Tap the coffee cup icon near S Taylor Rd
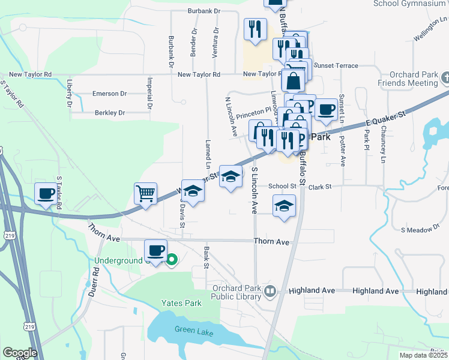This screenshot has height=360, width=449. tap(46, 194)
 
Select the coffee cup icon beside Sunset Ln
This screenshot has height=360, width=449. tap(327, 110)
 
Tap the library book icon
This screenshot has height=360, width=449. tap(270, 292)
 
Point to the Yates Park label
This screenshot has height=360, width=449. tap(181, 303)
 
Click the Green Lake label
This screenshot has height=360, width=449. tap(190, 329)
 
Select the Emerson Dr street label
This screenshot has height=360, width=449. tap(110, 94)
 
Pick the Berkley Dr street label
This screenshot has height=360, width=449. tap(109, 112)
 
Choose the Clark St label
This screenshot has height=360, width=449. tap(320, 187)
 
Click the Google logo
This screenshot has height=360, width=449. tap(20, 353)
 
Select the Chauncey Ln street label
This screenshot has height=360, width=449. tap(383, 144)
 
